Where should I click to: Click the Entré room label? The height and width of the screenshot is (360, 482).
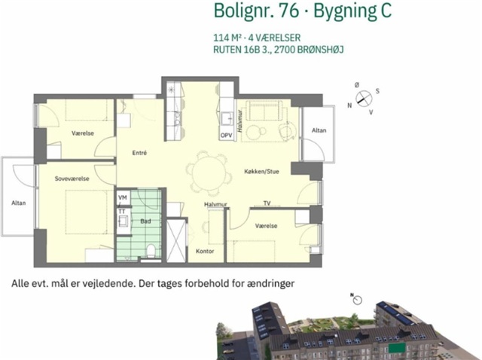click(x=139, y=153)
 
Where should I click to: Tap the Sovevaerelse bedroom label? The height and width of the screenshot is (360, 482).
click(x=72, y=178)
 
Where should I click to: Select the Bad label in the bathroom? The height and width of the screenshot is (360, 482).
click(x=145, y=221)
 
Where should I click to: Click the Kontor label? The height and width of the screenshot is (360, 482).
click(x=205, y=251)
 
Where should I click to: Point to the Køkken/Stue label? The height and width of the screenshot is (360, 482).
click(x=261, y=171)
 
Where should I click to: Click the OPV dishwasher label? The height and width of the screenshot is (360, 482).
click(x=226, y=136)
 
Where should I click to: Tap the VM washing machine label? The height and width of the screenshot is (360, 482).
click(x=122, y=197)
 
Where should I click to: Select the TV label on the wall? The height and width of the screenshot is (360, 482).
click(x=267, y=203)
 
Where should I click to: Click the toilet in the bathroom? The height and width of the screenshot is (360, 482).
click(x=151, y=251)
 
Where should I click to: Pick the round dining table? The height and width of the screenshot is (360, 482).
click(x=209, y=173)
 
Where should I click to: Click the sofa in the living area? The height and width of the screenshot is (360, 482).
click(x=265, y=111)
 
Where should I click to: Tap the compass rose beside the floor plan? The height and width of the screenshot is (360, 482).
click(x=364, y=99)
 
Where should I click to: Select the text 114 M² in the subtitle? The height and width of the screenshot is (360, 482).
click(x=226, y=38)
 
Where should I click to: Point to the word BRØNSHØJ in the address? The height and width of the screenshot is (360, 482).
click(x=320, y=50)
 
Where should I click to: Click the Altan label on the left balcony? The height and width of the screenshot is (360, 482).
click(x=18, y=203)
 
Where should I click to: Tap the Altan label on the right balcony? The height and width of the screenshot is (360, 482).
click(x=319, y=130)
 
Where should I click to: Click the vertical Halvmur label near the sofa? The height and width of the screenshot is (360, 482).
click(x=239, y=121)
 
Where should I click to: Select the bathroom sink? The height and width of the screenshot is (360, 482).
click(x=124, y=221)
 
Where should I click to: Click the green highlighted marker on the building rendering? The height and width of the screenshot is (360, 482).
click(x=397, y=348)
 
